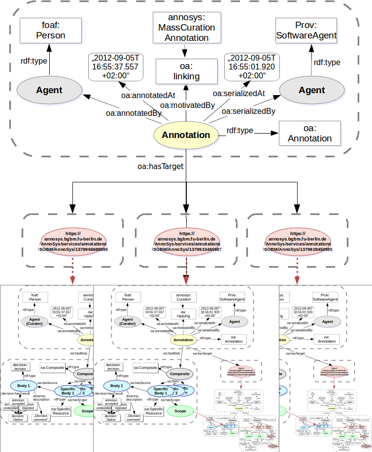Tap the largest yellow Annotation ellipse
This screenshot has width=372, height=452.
click(x=186, y=135)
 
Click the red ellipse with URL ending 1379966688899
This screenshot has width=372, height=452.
click(x=73, y=241)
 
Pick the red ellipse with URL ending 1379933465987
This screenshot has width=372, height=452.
click(x=186, y=241)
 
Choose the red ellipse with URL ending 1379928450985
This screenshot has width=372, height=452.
click(x=298, y=241)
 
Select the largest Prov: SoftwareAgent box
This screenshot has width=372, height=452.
click(x=306, y=31)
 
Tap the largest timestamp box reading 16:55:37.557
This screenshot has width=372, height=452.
click(x=114, y=67)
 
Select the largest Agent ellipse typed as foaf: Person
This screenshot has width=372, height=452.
click(x=49, y=90)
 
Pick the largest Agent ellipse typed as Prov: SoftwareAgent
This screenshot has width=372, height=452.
click(x=311, y=90)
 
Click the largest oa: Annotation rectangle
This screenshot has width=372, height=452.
click(x=309, y=133)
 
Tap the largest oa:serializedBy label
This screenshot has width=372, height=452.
click(x=248, y=111)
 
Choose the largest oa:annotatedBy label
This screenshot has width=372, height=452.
click(x=134, y=113)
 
